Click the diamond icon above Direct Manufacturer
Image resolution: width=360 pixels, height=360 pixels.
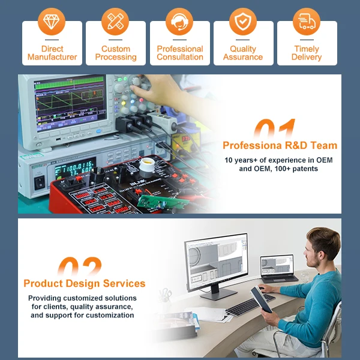[x=52, y=22]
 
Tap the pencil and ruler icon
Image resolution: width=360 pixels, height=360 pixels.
[x=115, y=22]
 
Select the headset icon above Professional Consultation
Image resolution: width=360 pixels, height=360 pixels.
[x=179, y=22]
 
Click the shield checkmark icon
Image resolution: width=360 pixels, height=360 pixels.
[x=243, y=22]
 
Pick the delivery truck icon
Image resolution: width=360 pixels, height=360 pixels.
[x=307, y=22]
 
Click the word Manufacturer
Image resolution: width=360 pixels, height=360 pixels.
[x=52, y=57]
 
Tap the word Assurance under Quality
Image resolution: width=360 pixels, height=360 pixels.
[x=243, y=57]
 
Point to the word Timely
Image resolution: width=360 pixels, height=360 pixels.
[x=307, y=49]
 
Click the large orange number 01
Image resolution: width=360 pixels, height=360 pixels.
[x=275, y=128]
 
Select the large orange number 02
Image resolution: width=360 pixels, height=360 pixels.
[x=79, y=266]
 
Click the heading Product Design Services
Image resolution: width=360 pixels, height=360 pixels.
[x=84, y=283]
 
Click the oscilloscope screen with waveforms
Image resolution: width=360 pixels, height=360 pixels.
[x=70, y=103]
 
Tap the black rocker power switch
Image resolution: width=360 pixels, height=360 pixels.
[x=40, y=182]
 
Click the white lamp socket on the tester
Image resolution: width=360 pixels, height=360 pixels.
[x=147, y=167]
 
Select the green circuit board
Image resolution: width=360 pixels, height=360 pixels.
[x=163, y=201]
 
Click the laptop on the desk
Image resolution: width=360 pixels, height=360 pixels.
[x=278, y=268]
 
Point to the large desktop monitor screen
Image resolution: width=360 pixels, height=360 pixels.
[x=216, y=262]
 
